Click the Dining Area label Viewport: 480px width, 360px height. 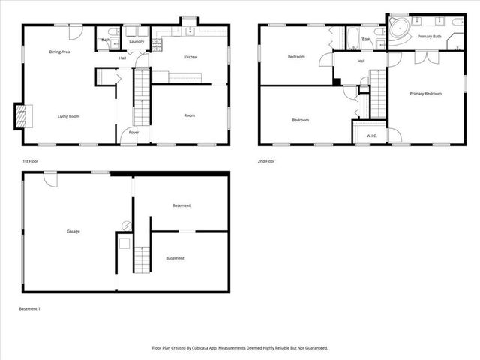click(x=59, y=52)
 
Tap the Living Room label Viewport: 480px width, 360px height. click(x=69, y=116)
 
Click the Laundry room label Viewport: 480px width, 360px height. click(x=136, y=42)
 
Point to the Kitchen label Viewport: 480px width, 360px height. click(x=190, y=58)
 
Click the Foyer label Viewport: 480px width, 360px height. click(x=133, y=133)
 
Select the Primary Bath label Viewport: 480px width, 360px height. click(x=430, y=36)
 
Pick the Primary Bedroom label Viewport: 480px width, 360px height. click(x=425, y=94)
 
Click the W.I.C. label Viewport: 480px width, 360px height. click(x=371, y=136)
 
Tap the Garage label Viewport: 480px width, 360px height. click(x=73, y=231)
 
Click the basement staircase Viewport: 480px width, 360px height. click(x=142, y=259)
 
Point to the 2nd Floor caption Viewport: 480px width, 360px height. click(x=265, y=161)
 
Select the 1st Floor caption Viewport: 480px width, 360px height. click(x=31, y=161)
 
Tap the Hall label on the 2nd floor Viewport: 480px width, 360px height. click(x=361, y=61)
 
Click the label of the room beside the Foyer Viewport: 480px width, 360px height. click(x=190, y=115)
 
